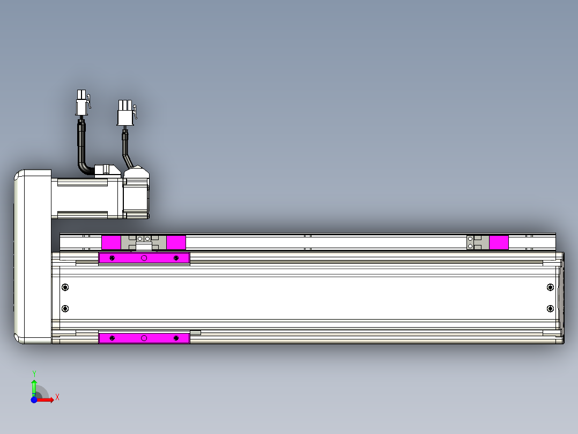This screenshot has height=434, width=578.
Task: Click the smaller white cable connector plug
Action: point(81,103)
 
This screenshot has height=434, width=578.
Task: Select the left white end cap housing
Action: point(32,256)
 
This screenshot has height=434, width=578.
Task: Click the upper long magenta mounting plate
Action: point(144,258)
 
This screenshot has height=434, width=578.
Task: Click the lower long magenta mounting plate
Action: point(144,338)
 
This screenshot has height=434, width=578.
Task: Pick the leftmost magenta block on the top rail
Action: point(111,242)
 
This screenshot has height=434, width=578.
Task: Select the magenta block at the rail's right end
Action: point(499,242)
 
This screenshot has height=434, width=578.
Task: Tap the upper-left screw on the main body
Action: point(65,287)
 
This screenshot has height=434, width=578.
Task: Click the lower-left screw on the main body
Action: point(65,308)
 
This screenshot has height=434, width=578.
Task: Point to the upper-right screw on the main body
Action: point(550,287)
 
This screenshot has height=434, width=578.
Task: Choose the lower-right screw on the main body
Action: point(550,308)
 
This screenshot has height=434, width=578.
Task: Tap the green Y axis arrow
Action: point(34,386)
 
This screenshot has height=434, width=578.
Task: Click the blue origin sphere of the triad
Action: point(34,400)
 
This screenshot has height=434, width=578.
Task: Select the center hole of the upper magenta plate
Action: point(144,258)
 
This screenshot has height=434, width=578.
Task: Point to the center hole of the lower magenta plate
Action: point(144,338)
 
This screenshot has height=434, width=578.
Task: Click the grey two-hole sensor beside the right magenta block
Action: point(471,242)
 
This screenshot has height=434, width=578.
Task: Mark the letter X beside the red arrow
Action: point(57,397)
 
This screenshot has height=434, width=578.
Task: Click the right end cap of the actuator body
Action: point(560,298)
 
